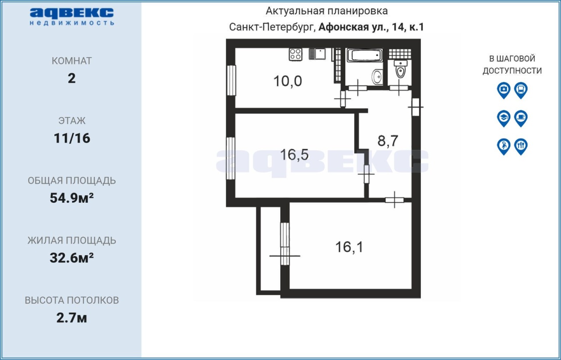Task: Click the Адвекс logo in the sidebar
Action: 72,17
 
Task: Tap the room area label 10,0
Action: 288,81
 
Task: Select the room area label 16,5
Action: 294,155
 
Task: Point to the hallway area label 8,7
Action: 388,141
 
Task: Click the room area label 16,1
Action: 349,247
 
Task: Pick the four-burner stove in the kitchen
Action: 295,54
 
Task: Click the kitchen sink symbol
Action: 317,54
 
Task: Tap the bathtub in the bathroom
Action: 365,55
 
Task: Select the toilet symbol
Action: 401,69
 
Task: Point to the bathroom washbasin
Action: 377,76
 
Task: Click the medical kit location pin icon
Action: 504,90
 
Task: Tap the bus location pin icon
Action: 521,90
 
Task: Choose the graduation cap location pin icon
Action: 504,118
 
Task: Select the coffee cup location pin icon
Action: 521,118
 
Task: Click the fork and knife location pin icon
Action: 521,147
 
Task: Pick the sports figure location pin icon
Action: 504,147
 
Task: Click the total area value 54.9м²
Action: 71,198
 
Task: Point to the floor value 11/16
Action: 72,138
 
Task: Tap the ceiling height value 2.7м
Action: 71,318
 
